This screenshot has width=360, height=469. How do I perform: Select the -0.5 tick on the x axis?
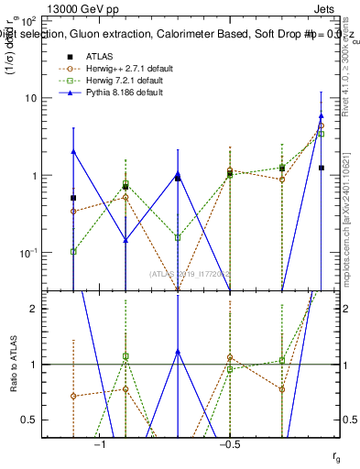tap(229, 444)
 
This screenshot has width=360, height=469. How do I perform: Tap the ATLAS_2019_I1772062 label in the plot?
tap(191, 273)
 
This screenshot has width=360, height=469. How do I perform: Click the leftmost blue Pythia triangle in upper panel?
tap(73, 152)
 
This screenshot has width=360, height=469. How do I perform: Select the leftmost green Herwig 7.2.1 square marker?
tap(73, 251)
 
